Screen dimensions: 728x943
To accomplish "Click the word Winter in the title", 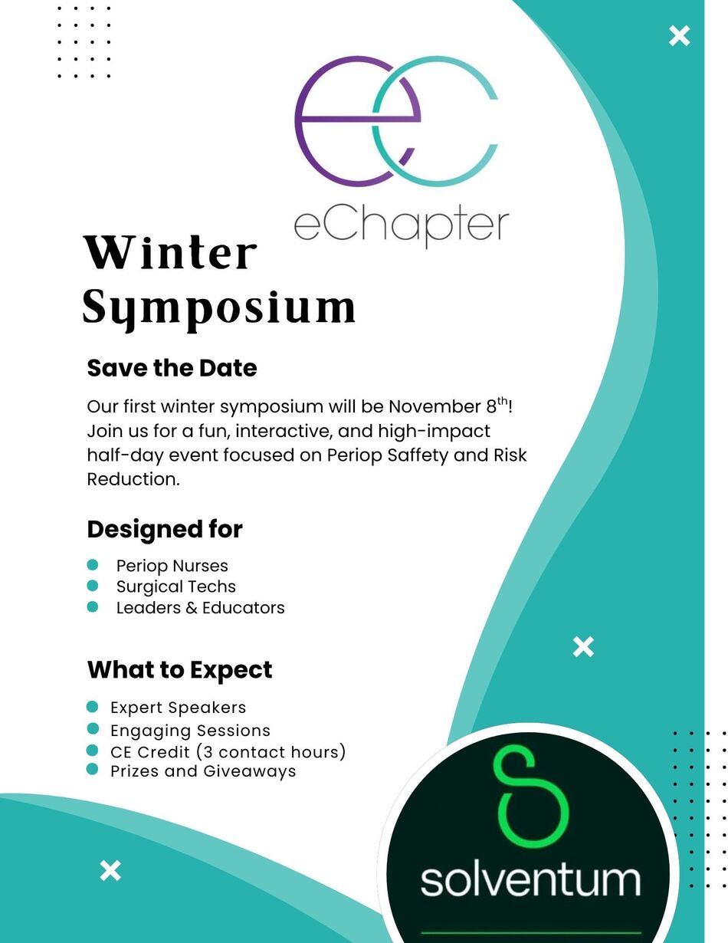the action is coord(170,252).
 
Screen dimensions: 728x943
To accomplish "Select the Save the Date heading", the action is coord(172,368).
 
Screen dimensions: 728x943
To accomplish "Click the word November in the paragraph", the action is coord(435,406).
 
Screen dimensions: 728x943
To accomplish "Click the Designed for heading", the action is coord(165,529).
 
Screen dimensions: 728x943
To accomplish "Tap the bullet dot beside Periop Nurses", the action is coord(93,564).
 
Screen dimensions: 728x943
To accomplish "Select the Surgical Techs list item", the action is coord(175,586).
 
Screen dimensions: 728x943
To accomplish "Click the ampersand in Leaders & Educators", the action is coord(192,607).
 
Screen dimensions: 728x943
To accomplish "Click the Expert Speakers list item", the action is coord(178,708).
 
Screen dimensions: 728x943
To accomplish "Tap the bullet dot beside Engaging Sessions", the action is coord(93,728).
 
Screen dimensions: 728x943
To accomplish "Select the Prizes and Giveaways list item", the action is coord(203,771).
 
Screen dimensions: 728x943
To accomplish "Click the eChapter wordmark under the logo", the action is coord(401,228).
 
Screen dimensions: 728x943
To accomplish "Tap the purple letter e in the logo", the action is coord(357,121).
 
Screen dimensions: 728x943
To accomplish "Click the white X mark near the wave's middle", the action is coord(583,647).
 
